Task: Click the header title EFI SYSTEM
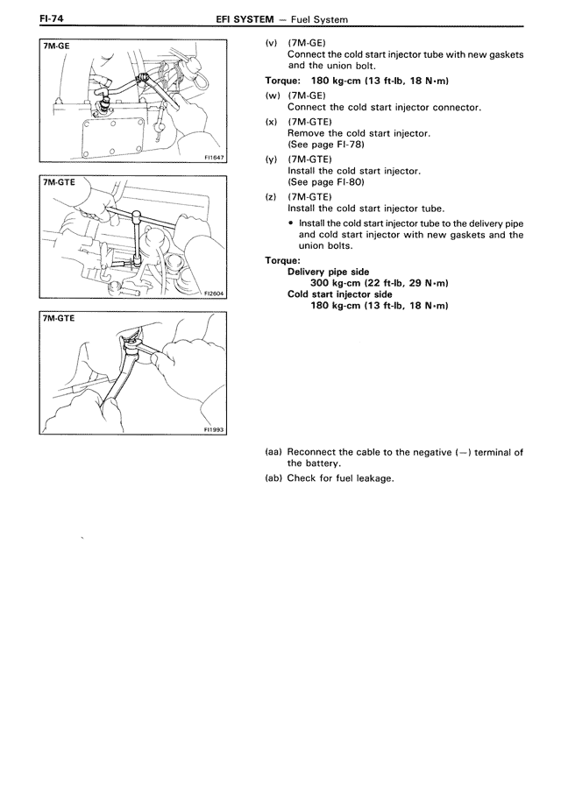(251, 18)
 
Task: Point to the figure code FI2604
(213, 294)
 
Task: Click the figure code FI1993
(213, 430)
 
